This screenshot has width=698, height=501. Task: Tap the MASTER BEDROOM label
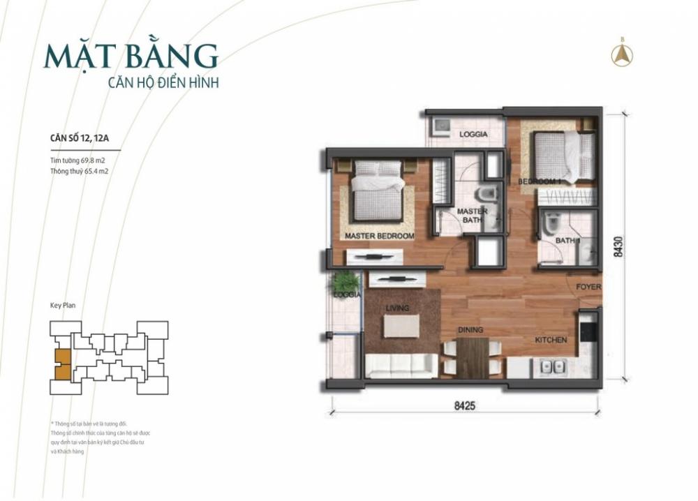[x=379, y=236]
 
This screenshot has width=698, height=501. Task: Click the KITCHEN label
[x=551, y=340]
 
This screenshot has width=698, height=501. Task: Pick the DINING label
[x=471, y=330]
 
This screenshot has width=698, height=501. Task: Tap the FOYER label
[x=588, y=287]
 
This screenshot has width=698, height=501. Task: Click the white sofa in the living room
[x=401, y=365]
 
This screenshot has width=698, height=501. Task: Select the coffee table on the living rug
[x=401, y=326]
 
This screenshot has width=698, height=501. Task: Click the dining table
[x=473, y=356]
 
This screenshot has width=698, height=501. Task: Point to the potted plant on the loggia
[x=344, y=282]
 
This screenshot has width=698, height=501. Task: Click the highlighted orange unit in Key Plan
[x=62, y=363]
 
